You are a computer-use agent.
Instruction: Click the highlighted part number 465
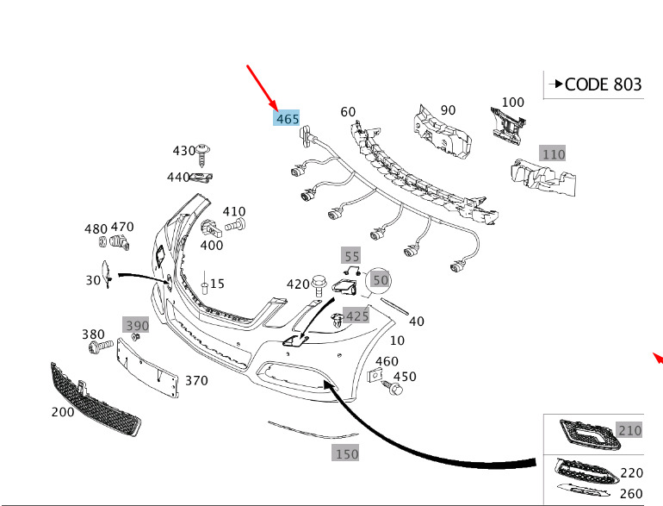(287, 118)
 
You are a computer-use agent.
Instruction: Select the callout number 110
(553, 154)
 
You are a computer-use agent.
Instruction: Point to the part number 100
(512, 102)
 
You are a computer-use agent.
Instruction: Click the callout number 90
(448, 110)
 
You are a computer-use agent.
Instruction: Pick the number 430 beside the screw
(184, 151)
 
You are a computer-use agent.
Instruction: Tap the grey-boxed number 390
(136, 325)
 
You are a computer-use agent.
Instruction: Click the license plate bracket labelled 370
(148, 368)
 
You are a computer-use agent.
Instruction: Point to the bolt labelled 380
(97, 347)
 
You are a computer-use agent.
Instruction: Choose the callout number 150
(346, 453)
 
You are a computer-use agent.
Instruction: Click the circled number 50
(381, 280)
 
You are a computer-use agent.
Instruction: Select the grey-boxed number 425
(356, 315)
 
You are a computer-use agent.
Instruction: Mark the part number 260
(631, 493)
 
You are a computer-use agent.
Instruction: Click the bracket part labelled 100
(507, 124)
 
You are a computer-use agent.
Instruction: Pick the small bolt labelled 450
(395, 390)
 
